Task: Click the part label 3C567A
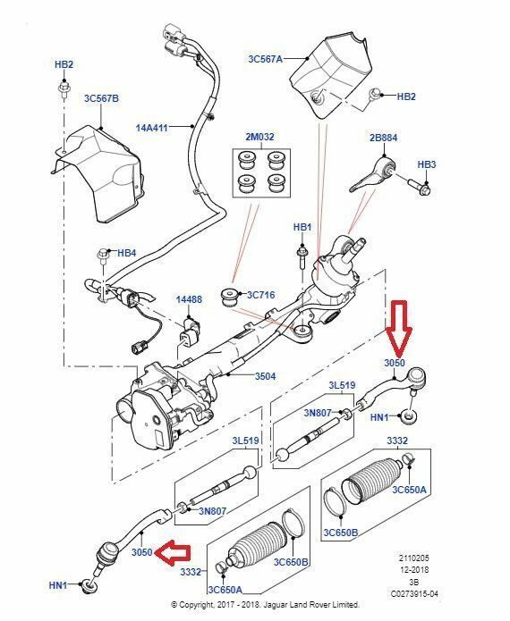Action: [x=266, y=59]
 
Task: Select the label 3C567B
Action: [x=101, y=98]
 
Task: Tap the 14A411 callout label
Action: [x=152, y=128]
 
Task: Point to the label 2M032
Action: [x=259, y=137]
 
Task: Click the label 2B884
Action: [x=383, y=138]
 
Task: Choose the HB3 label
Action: [x=426, y=164]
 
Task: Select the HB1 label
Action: [x=302, y=227]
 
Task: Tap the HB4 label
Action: [x=126, y=253]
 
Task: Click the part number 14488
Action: [x=189, y=300]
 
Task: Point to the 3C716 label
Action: [x=260, y=295]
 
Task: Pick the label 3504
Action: [x=266, y=376]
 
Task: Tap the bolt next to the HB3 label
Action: [x=419, y=188]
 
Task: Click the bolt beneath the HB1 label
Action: [x=302, y=258]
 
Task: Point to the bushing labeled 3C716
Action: [x=228, y=298]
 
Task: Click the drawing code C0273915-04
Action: [x=414, y=594]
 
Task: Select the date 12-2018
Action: [x=414, y=570]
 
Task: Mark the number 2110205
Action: [x=414, y=558]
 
